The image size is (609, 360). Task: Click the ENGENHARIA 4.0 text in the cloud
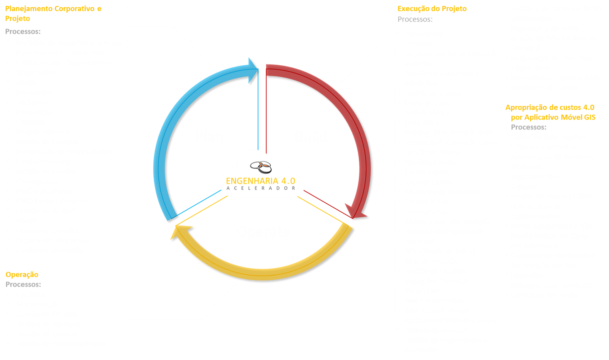[261, 181]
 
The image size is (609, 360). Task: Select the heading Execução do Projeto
[432, 8]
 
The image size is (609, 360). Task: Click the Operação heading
[22, 274]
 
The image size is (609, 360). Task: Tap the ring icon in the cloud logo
[261, 166]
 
